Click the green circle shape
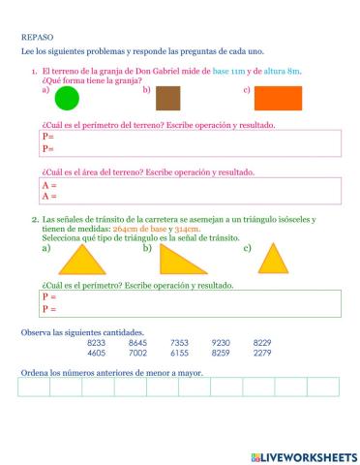click(x=67, y=100)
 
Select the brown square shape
click(x=168, y=99)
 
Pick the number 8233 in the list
click(x=96, y=343)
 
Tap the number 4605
click(x=96, y=354)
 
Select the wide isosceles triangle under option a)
click(x=83, y=260)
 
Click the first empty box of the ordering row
click(x=35, y=387)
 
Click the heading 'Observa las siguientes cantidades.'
click(x=81, y=331)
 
